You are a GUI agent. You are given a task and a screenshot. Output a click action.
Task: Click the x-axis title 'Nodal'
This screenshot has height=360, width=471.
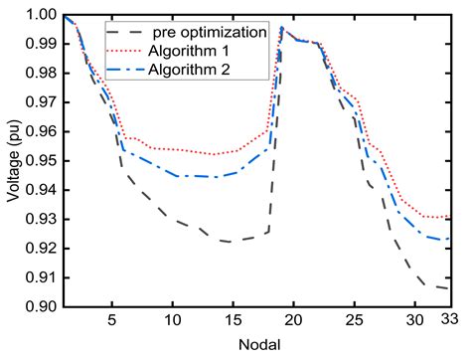coord(256,345)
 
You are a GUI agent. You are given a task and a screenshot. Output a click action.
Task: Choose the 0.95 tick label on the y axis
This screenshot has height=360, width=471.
coord(40,161)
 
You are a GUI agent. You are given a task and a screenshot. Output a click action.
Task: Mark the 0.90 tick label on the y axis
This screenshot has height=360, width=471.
coord(40,306)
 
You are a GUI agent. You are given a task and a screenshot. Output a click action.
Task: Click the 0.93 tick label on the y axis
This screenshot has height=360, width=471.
coord(40,220)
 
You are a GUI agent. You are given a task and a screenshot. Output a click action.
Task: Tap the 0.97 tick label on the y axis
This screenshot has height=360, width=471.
coord(40,103)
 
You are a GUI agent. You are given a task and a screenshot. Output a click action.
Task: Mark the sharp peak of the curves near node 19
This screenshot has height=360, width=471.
coord(281,28)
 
